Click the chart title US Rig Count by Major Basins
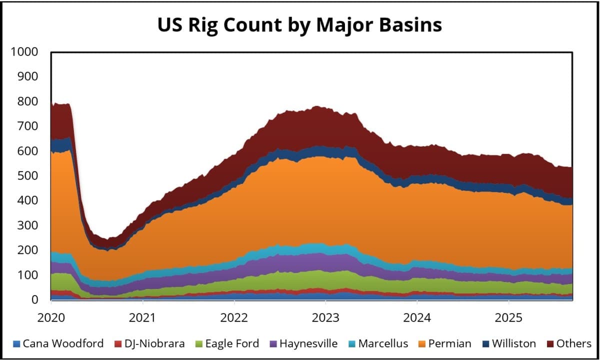299,25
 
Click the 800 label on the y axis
27,101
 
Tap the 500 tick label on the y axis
27,176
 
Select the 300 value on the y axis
27,225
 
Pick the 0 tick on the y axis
34,300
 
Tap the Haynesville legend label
308,343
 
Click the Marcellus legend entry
382,343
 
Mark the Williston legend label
513,343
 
